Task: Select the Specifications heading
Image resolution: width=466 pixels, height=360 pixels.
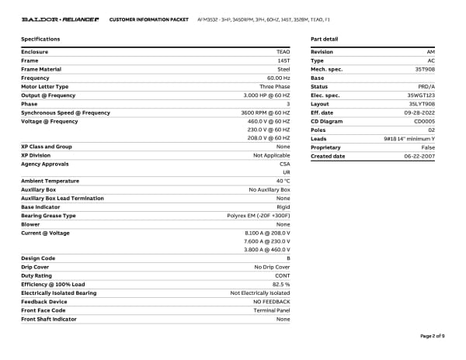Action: click(x=40, y=39)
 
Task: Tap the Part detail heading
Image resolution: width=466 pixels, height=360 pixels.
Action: click(x=324, y=39)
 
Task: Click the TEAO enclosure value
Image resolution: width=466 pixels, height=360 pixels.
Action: click(x=283, y=52)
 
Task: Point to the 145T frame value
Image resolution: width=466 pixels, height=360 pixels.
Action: click(x=283, y=61)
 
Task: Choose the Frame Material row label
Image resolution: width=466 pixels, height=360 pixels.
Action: click(x=43, y=69)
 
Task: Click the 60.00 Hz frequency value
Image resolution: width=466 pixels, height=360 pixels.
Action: click(x=278, y=78)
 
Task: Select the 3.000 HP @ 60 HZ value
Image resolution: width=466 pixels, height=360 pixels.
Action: click(x=266, y=95)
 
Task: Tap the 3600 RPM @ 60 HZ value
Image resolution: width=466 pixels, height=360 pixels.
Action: click(x=264, y=112)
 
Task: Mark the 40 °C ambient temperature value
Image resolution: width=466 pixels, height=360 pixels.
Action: click(x=283, y=181)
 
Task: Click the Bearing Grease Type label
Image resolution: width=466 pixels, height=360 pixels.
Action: click(x=48, y=216)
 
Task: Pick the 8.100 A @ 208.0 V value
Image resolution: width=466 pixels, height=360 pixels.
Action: click(x=267, y=233)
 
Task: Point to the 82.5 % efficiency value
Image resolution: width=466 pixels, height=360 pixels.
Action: click(x=281, y=284)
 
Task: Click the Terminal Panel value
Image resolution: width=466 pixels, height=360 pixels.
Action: click(x=273, y=310)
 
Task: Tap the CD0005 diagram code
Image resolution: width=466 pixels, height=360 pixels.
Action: click(x=424, y=121)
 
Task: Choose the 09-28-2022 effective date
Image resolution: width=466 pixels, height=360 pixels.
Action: click(x=421, y=112)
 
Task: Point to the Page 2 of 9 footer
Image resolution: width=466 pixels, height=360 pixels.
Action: click(x=432, y=335)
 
